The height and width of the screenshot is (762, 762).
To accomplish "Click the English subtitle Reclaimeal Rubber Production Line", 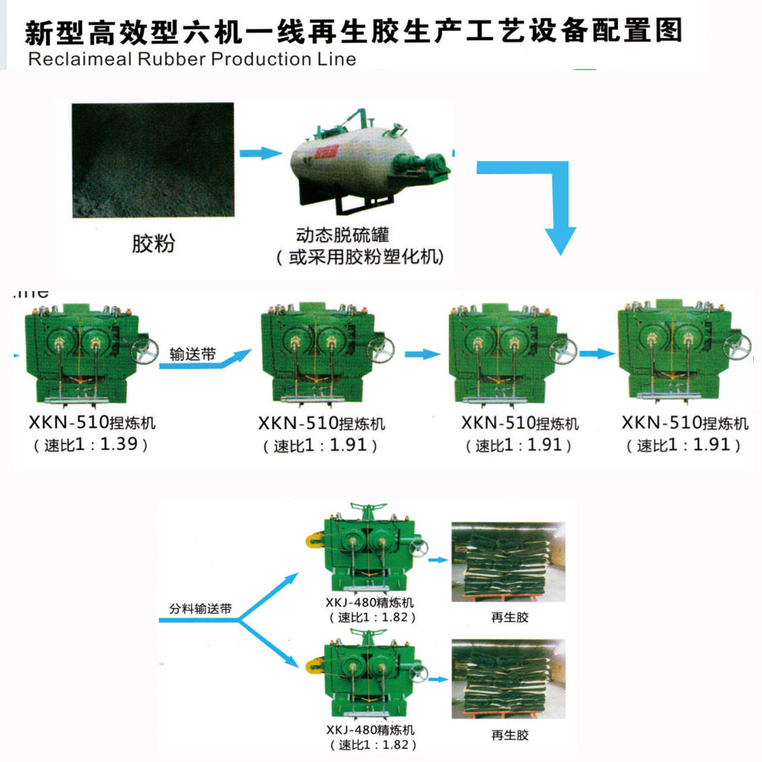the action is (192, 60).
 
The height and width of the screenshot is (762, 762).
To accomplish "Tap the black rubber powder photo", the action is (153, 160).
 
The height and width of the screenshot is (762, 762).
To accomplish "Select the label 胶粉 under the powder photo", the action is (153, 244).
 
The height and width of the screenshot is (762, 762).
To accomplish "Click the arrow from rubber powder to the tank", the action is (261, 152).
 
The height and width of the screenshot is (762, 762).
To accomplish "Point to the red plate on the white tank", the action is (326, 152).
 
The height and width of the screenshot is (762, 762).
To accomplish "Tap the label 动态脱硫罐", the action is (342, 235).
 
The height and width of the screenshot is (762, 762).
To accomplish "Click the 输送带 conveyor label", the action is (193, 354).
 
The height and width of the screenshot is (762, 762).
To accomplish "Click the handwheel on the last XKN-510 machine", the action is (737, 346).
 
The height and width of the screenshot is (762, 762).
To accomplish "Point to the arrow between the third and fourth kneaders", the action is (598, 354).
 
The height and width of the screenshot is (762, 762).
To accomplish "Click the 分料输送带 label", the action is (200, 609).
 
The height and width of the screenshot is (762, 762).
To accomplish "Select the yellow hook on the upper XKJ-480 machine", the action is (314, 540).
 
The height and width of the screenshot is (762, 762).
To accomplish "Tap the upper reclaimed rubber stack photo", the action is (508, 562).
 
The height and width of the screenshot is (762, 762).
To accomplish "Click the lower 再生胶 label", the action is (510, 735).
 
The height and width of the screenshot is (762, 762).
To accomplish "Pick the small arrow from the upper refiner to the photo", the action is (438, 560).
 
